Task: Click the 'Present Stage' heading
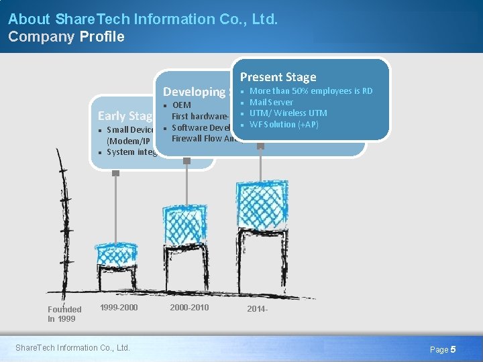tap(278, 77)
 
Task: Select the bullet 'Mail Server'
tap(271, 102)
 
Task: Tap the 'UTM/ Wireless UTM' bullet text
tap(288, 113)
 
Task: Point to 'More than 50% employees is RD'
tap(311, 91)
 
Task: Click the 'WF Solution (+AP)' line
tap(283, 125)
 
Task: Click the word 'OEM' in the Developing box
tap(181, 105)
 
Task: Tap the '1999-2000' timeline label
tap(119, 308)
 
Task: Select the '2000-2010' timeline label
tap(190, 308)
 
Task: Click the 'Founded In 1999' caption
tap(64, 314)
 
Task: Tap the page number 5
tap(453, 349)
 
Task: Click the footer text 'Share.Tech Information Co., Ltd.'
tap(72, 347)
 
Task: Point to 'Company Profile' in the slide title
tap(66, 37)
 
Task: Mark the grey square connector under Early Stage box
tap(115, 173)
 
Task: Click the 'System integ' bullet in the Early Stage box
tap(131, 152)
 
